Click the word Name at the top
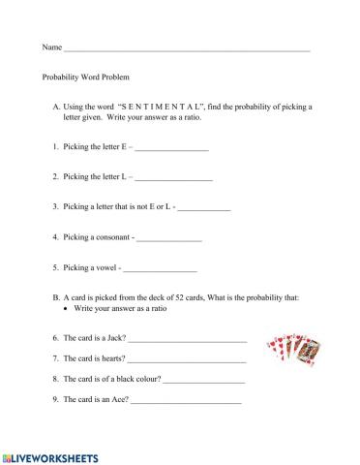[51, 47]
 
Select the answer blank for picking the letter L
[173, 179]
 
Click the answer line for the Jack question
[187, 340]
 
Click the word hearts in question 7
[112, 360]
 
